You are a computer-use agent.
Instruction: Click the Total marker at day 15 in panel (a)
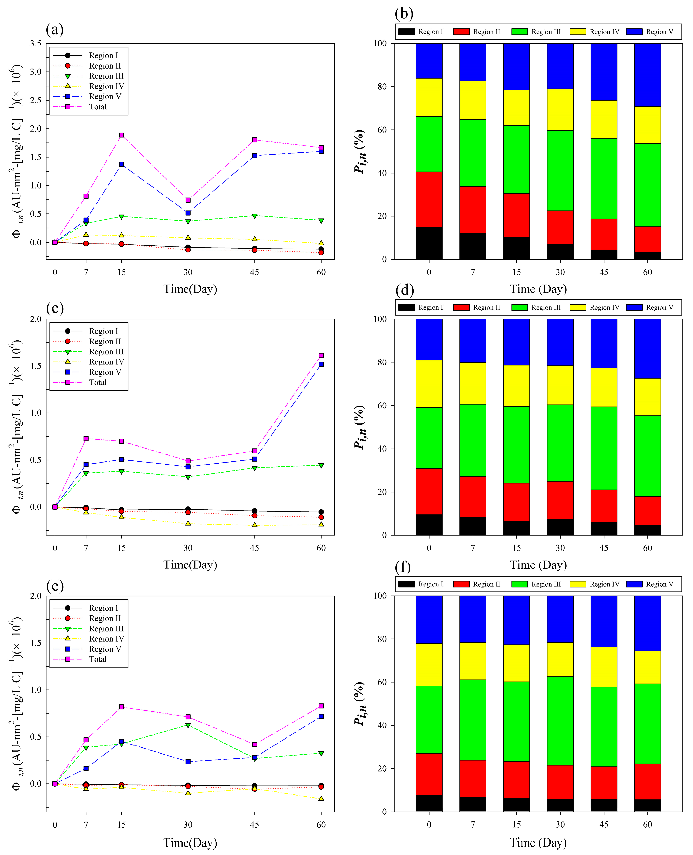[121, 135]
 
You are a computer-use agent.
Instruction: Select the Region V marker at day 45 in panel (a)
[254, 156]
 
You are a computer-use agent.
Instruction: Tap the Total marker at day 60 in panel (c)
[321, 355]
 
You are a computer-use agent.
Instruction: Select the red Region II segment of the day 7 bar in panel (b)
[473, 210]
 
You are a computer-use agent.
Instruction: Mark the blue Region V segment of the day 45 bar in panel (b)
[604, 72]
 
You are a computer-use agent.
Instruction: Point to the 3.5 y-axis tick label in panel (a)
[36, 44]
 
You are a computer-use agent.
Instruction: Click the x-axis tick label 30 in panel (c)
[188, 548]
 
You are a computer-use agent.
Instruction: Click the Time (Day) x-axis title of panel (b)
[538, 289]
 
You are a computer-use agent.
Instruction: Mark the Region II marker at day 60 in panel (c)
[321, 517]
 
